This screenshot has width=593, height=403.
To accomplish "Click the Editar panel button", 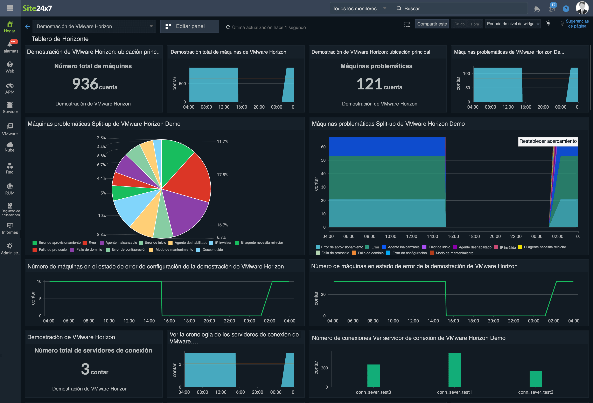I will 190,26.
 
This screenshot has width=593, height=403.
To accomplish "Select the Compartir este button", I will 432,24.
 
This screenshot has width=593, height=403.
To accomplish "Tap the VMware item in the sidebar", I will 10,129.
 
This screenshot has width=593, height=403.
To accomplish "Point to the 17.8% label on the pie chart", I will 222,175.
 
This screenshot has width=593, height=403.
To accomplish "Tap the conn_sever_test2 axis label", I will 535,392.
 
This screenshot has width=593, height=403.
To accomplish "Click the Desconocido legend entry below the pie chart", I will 212,250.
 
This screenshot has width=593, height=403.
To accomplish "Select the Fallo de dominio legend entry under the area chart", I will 370,253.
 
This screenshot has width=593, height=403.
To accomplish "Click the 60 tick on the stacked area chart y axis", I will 323,147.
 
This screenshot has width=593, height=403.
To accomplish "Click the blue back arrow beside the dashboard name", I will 28,27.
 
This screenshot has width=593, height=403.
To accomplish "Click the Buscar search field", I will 459,8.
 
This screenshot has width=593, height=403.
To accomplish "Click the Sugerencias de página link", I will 577,24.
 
